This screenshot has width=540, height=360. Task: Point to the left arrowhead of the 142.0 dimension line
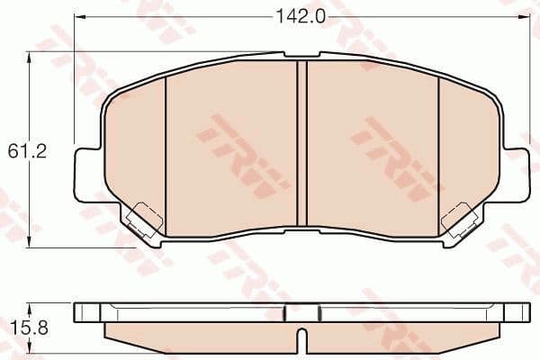pyautogui.click(x=77, y=16)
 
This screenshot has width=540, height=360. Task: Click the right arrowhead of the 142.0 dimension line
pyautogui.click(x=526, y=16)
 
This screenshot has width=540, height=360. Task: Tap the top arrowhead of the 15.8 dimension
pyautogui.click(x=32, y=304)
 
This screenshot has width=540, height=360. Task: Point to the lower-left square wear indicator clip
pyautogui.click(x=140, y=219)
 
